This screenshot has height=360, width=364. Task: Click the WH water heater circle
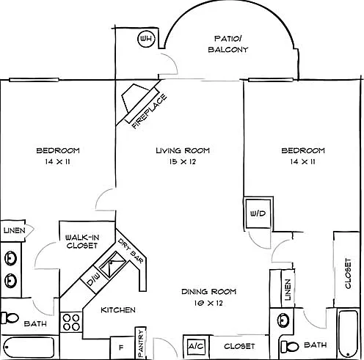(x=147, y=39)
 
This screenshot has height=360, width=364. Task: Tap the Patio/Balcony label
(x=228, y=44)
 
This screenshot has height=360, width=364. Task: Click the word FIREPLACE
(x=150, y=111)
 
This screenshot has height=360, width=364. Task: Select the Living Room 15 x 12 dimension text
(x=183, y=161)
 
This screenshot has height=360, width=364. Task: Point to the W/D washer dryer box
(x=258, y=213)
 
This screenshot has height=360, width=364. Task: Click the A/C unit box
(x=197, y=346)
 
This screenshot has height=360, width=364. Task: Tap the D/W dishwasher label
(x=94, y=280)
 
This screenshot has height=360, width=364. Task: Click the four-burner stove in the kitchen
(x=71, y=322)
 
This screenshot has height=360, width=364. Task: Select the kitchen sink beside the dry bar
(x=113, y=265)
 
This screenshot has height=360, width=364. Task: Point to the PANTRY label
(x=141, y=343)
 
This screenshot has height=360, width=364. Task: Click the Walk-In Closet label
(x=82, y=241)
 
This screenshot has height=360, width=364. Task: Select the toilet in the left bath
(x=10, y=318)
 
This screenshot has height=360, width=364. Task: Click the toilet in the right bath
(x=290, y=346)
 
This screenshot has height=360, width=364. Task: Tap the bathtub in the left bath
(x=29, y=348)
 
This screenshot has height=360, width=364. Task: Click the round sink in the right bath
(x=283, y=320)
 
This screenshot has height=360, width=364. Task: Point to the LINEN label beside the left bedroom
(x=15, y=230)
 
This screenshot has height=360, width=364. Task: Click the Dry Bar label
(x=131, y=251)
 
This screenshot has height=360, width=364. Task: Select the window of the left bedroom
(x=34, y=80)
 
